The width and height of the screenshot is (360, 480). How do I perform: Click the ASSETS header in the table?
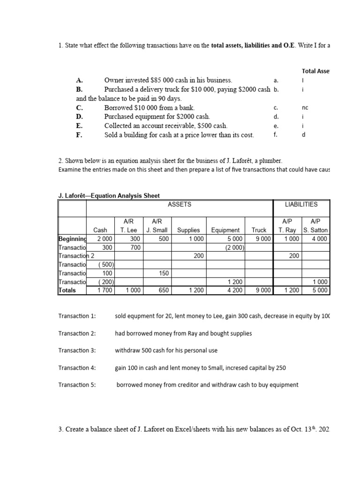point(180,204)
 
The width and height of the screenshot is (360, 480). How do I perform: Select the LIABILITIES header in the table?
point(301,204)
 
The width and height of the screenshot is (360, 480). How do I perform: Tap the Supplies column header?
point(188,230)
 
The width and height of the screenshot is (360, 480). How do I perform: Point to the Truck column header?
point(259,230)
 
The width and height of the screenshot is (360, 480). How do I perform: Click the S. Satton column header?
point(315,230)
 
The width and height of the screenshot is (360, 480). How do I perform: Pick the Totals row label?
point(67,290)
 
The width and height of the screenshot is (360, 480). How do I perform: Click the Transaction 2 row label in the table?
point(76,256)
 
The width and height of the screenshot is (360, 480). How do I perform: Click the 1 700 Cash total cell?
point(101,290)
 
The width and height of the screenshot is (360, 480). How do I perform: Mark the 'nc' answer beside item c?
point(305,107)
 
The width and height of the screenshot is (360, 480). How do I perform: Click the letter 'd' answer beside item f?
point(304,135)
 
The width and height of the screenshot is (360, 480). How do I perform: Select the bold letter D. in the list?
point(79,117)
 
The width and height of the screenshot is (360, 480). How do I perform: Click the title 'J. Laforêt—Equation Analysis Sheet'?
point(109,195)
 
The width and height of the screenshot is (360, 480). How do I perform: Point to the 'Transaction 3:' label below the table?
point(77,351)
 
